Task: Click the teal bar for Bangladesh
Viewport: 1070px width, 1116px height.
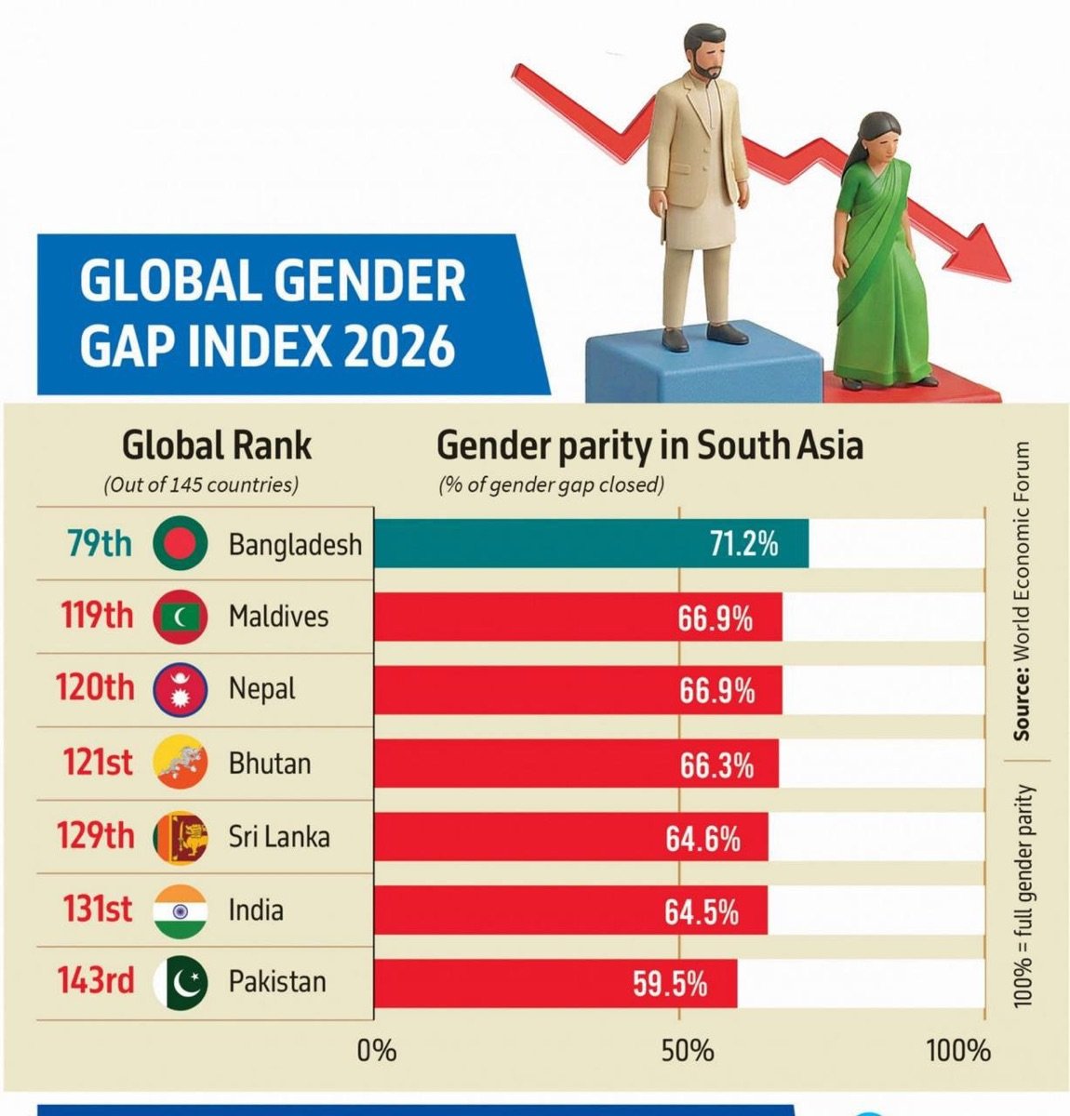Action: pos(592,543)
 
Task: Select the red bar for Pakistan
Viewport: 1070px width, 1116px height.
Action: pos(555,983)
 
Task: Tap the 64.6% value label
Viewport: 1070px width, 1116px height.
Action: pos(702,840)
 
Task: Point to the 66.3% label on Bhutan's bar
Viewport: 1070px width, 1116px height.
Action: pos(716,766)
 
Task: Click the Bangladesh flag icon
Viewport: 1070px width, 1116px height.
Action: pos(180,542)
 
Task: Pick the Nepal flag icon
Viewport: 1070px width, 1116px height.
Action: pos(180,689)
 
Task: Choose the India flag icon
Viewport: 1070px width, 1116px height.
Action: pos(180,910)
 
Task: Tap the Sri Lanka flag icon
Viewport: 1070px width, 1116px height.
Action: pos(180,838)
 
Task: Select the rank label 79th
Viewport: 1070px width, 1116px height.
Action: pos(100,542)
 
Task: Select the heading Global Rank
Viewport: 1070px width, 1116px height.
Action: pos(217,445)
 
